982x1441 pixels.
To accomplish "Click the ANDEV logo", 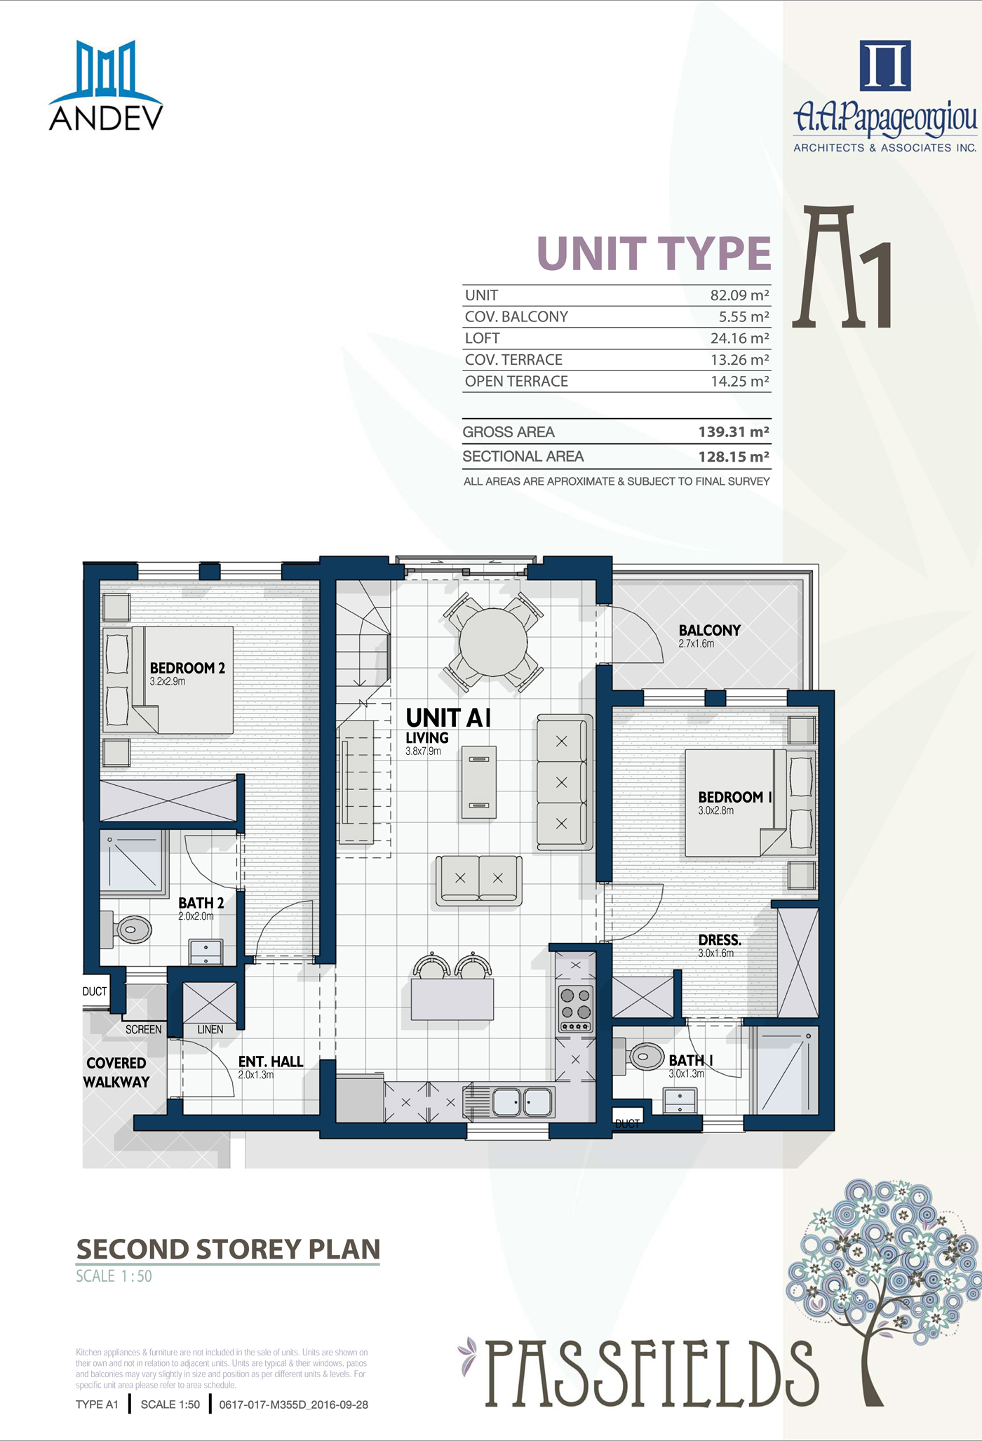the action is click(x=106, y=85).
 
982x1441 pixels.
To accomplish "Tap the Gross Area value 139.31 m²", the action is click(x=734, y=431).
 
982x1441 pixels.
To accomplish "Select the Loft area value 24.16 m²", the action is click(x=740, y=338).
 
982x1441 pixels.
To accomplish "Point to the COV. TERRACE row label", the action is click(x=513, y=360).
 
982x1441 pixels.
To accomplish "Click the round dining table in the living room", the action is click(x=493, y=641).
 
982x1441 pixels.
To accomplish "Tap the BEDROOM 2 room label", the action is click(x=187, y=668).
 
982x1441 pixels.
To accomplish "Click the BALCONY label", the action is click(x=709, y=630).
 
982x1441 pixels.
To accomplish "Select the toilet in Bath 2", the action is click(x=127, y=930).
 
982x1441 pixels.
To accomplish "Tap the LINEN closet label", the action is click(x=210, y=1029).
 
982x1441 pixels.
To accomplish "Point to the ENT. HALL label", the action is click(x=271, y=1061).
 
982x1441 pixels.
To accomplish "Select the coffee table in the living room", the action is click(x=479, y=782).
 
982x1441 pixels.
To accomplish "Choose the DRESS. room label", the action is click(x=720, y=940).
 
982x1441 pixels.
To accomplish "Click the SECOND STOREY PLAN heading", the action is click(x=228, y=1249).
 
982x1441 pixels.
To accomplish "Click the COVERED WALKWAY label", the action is click(x=116, y=1072).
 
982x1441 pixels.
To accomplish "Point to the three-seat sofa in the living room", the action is click(x=563, y=782).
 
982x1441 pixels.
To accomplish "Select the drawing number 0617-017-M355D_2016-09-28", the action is click(x=294, y=1405).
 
